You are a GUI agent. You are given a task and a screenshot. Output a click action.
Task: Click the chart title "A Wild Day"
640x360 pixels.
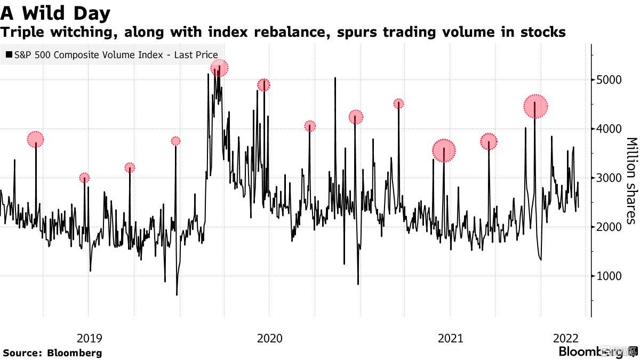pos(55,13)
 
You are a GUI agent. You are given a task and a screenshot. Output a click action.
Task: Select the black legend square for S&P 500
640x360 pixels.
pos(10,55)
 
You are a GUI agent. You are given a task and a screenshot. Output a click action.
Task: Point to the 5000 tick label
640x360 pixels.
pos(610,80)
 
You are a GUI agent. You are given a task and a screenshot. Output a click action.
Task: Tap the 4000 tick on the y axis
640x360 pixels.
pos(610,129)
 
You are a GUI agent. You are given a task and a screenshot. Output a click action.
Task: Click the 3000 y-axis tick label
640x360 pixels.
pos(610,178)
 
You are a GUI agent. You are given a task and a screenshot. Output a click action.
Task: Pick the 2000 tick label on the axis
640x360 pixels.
pos(610,227)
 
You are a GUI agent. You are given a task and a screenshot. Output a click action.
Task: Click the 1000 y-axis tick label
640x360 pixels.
pos(610,276)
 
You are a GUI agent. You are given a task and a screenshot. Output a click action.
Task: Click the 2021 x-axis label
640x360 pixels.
pos(450,338)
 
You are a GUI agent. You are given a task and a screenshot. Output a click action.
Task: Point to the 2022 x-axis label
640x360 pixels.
pos(566,338)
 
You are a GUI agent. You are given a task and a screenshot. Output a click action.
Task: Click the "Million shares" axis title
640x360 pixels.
pos(631,181)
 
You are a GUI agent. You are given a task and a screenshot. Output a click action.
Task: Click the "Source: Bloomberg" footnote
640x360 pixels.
pos(52,353)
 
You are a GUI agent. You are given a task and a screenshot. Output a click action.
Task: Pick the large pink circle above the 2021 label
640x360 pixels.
pos(444,150)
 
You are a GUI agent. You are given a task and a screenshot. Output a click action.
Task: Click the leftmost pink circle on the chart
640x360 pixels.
pos(35,140)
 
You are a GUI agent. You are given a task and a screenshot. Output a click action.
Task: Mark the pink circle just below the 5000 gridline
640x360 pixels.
pos(263,85)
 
